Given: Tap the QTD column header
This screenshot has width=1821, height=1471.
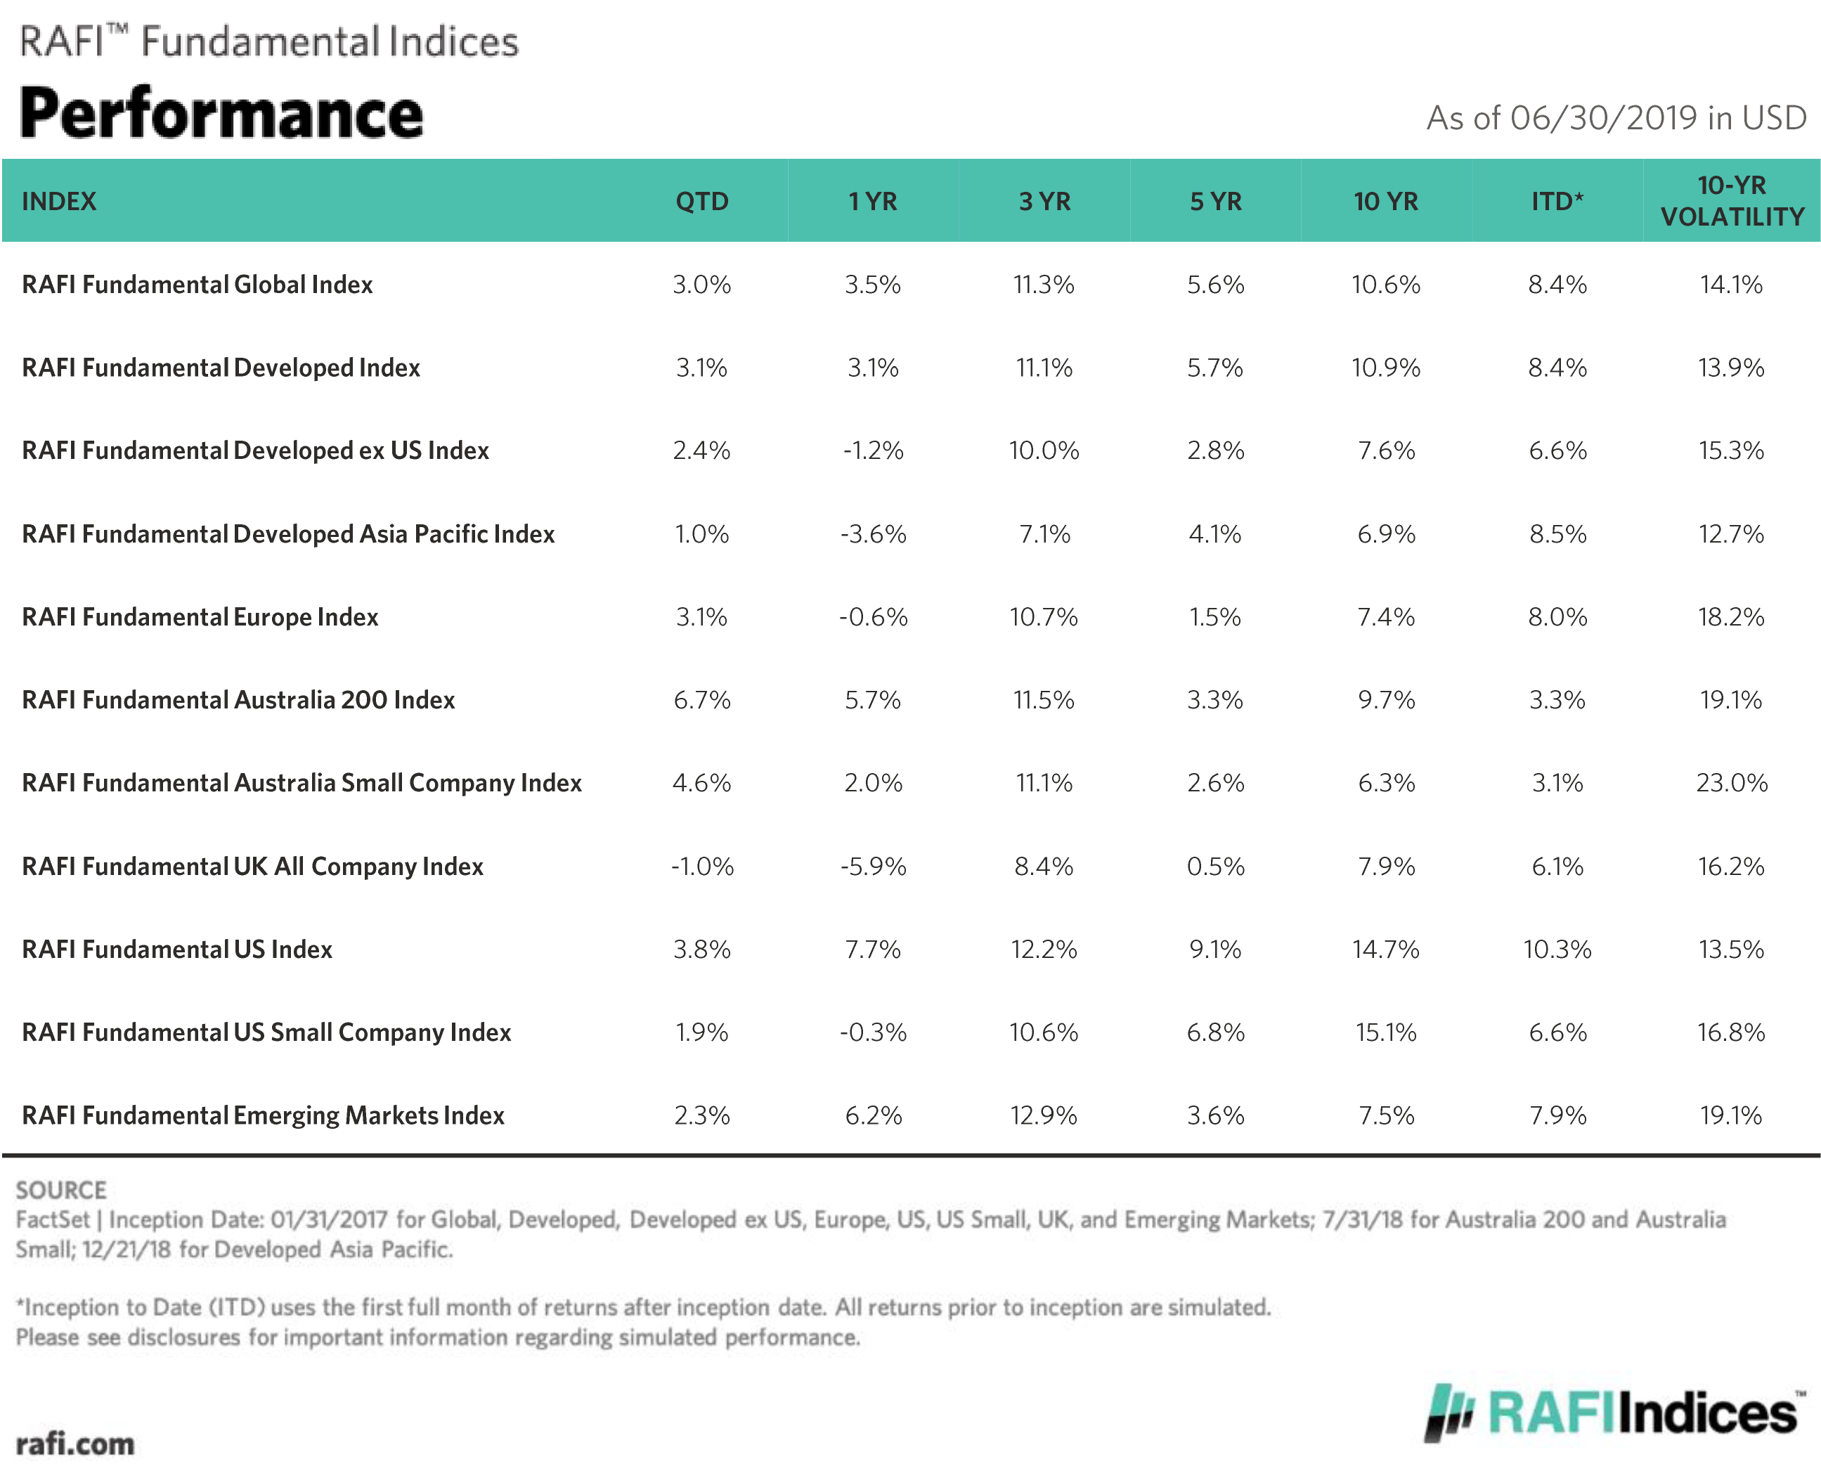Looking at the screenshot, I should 701,202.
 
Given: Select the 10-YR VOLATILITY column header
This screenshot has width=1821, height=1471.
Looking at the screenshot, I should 1731,202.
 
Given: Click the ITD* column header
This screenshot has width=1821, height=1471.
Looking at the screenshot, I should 1557,202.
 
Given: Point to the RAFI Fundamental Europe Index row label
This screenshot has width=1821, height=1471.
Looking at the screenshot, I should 200,617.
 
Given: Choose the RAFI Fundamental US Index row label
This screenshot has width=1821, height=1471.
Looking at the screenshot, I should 177,949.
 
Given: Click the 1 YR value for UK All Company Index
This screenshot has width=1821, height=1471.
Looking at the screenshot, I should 873,866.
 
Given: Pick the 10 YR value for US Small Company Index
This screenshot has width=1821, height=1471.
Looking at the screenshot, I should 1385,1032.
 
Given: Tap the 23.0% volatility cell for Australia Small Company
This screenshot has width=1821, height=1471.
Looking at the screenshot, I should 1731,783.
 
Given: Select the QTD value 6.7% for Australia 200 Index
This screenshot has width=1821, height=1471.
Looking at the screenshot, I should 701,700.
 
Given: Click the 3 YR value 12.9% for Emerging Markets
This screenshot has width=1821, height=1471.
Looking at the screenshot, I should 1043,1115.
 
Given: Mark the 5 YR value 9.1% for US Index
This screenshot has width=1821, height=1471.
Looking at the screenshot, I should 1214,949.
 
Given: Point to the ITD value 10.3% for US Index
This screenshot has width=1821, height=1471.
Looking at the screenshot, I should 1557,949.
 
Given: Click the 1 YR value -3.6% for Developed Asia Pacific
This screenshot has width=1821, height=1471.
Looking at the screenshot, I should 873,534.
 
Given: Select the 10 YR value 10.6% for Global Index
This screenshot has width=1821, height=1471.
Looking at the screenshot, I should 1385,285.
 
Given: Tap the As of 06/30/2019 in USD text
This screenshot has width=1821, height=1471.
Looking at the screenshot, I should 1616,119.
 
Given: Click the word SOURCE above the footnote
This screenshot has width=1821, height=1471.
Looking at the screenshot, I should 61,1191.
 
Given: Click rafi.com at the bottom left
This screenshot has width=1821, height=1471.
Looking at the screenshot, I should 74,1444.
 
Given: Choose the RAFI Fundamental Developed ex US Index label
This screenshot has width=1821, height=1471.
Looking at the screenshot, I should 255,451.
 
